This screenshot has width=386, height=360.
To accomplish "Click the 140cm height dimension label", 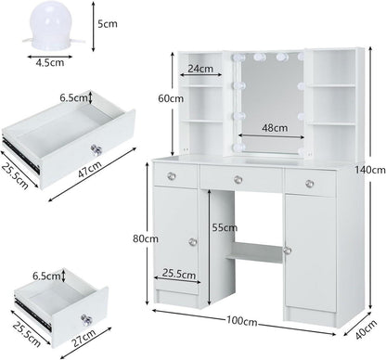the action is coord(370,170).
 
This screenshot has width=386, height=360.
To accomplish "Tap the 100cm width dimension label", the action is coord(241,321).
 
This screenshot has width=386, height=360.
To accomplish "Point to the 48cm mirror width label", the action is coord(275,127).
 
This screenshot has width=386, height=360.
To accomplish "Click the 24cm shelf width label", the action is coord(200,69).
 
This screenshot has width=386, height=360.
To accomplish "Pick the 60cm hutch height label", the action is coord(171,98).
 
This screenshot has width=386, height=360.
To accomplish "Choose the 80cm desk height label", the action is coord(146,238).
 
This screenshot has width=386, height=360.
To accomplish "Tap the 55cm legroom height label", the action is coord(225,227).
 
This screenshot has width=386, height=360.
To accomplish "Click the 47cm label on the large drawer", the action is coord(89,169).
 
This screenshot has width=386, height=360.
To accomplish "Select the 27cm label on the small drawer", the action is coord(84,339).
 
